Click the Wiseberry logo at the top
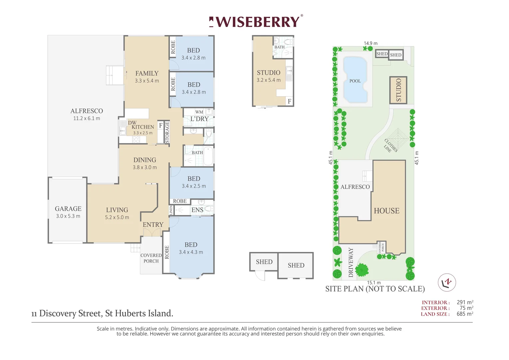point(256,21)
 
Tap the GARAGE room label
point(68,209)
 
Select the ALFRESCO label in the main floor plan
point(87,111)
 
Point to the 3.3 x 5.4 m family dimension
point(147,81)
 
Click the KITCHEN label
point(143,127)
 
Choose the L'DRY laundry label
point(199,119)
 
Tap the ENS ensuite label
point(197,210)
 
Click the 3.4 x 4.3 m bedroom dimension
point(191,252)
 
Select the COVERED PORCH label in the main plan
point(151,258)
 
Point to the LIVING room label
point(117,210)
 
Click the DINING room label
point(145,160)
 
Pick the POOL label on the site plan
point(355,81)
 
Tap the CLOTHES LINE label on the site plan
point(390,146)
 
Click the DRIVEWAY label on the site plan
point(351,262)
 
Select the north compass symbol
point(447,282)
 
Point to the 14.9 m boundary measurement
point(371,43)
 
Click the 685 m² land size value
point(465,314)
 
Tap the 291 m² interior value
point(465,302)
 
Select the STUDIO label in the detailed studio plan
point(268,73)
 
